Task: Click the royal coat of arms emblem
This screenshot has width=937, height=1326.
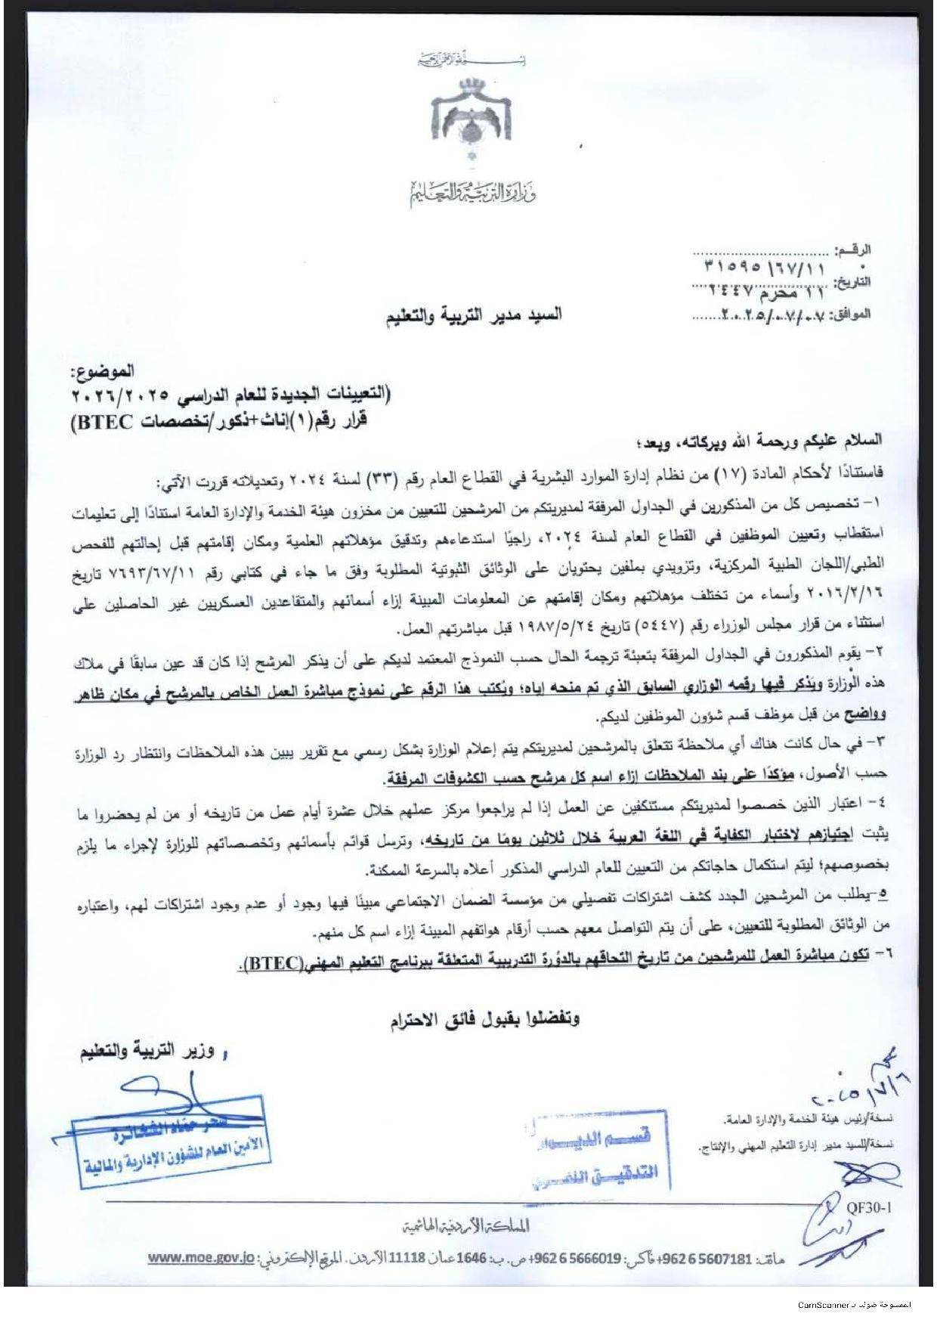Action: point(472,122)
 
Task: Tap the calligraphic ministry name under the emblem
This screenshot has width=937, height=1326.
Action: point(472,194)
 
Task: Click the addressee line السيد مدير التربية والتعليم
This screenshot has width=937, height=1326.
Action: point(474,315)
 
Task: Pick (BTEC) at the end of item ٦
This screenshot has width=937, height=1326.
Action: point(274,965)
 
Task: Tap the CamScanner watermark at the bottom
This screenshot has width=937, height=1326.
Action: point(854,1305)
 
